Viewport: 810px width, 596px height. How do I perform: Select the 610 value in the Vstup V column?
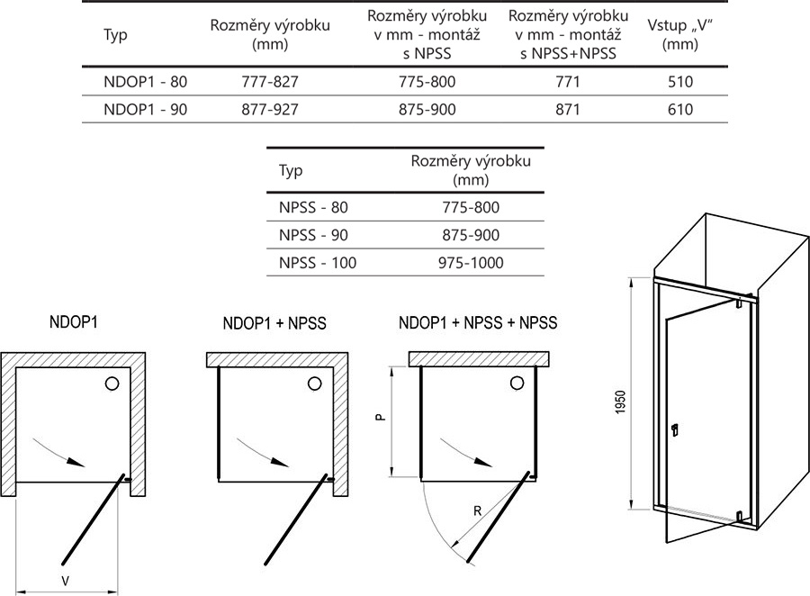point(680,110)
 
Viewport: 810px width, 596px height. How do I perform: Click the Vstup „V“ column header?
point(680,35)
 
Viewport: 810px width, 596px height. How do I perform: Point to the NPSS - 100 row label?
point(316,263)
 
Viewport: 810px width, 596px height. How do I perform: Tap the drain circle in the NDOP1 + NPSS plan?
point(314,384)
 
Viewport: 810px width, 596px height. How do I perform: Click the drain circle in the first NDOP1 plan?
point(112,384)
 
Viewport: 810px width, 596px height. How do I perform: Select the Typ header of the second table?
point(292,170)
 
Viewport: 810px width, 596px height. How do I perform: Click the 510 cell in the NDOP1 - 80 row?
point(680,81)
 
